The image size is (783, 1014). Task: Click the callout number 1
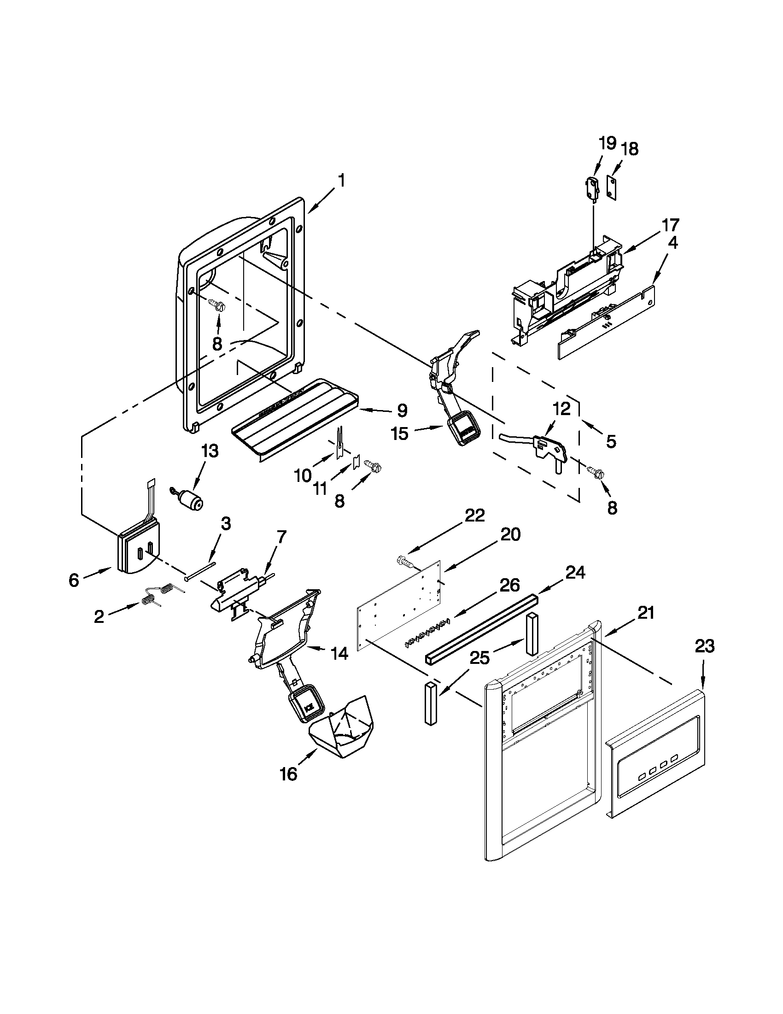click(x=341, y=181)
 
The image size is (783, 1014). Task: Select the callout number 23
click(x=704, y=646)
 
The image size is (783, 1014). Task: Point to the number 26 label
click(x=509, y=586)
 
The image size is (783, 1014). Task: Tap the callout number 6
click(x=74, y=580)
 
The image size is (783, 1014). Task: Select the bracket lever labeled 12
click(x=548, y=445)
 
